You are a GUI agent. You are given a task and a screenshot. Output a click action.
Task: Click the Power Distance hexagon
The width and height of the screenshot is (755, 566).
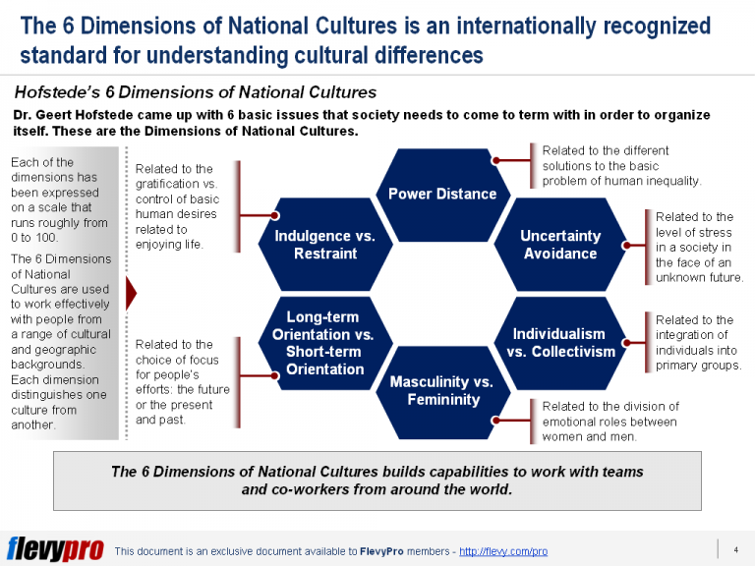441,194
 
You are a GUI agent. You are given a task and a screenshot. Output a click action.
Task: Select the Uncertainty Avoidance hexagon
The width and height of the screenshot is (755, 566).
559,245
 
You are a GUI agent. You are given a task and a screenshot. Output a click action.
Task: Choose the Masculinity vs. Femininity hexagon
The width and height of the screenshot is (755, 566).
441,390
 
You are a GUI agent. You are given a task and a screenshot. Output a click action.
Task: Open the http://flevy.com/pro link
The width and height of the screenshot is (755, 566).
503,551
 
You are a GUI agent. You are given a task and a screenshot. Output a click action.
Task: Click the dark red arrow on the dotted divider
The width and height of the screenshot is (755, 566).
131,292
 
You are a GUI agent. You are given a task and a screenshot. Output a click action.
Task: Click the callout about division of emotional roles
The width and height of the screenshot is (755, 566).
610,421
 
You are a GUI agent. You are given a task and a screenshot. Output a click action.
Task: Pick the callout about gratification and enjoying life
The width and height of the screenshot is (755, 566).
180,206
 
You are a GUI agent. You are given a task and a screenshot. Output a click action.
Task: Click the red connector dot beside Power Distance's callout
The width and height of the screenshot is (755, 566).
497,159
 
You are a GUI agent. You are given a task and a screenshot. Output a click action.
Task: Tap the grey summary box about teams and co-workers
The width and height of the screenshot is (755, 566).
377,481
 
